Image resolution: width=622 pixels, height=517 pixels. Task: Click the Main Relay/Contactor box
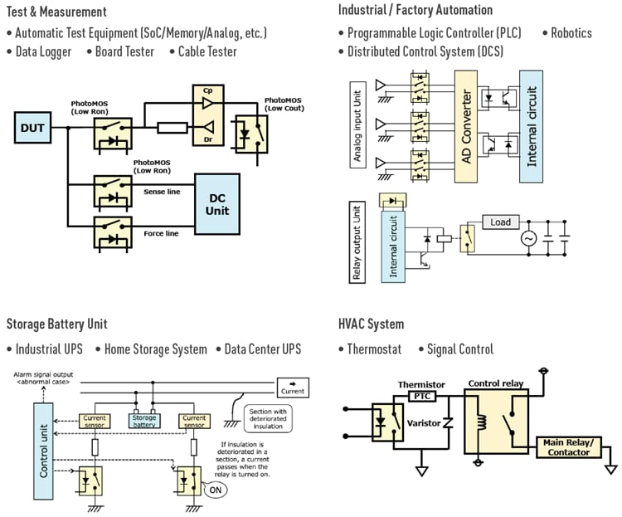pyautogui.click(x=569, y=447)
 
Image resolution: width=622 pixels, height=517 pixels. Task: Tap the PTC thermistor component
pyautogui.click(x=422, y=397)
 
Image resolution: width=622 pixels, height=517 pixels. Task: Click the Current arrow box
pyautogui.click(x=292, y=387)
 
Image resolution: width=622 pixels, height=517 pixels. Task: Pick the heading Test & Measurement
pyautogui.click(x=56, y=12)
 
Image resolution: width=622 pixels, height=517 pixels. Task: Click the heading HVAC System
pyautogui.click(x=371, y=324)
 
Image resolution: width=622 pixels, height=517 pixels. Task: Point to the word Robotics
pyautogui.click(x=571, y=33)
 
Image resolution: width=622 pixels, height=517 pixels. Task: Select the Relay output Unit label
pyautogui.click(x=357, y=241)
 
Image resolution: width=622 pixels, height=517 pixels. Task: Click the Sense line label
pyautogui.click(x=161, y=192)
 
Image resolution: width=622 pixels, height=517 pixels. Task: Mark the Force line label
pyautogui.click(x=161, y=234)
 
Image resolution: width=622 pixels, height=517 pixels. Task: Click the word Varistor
pyautogui.click(x=423, y=424)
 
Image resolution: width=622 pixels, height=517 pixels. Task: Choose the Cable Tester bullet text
pyautogui.click(x=207, y=51)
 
